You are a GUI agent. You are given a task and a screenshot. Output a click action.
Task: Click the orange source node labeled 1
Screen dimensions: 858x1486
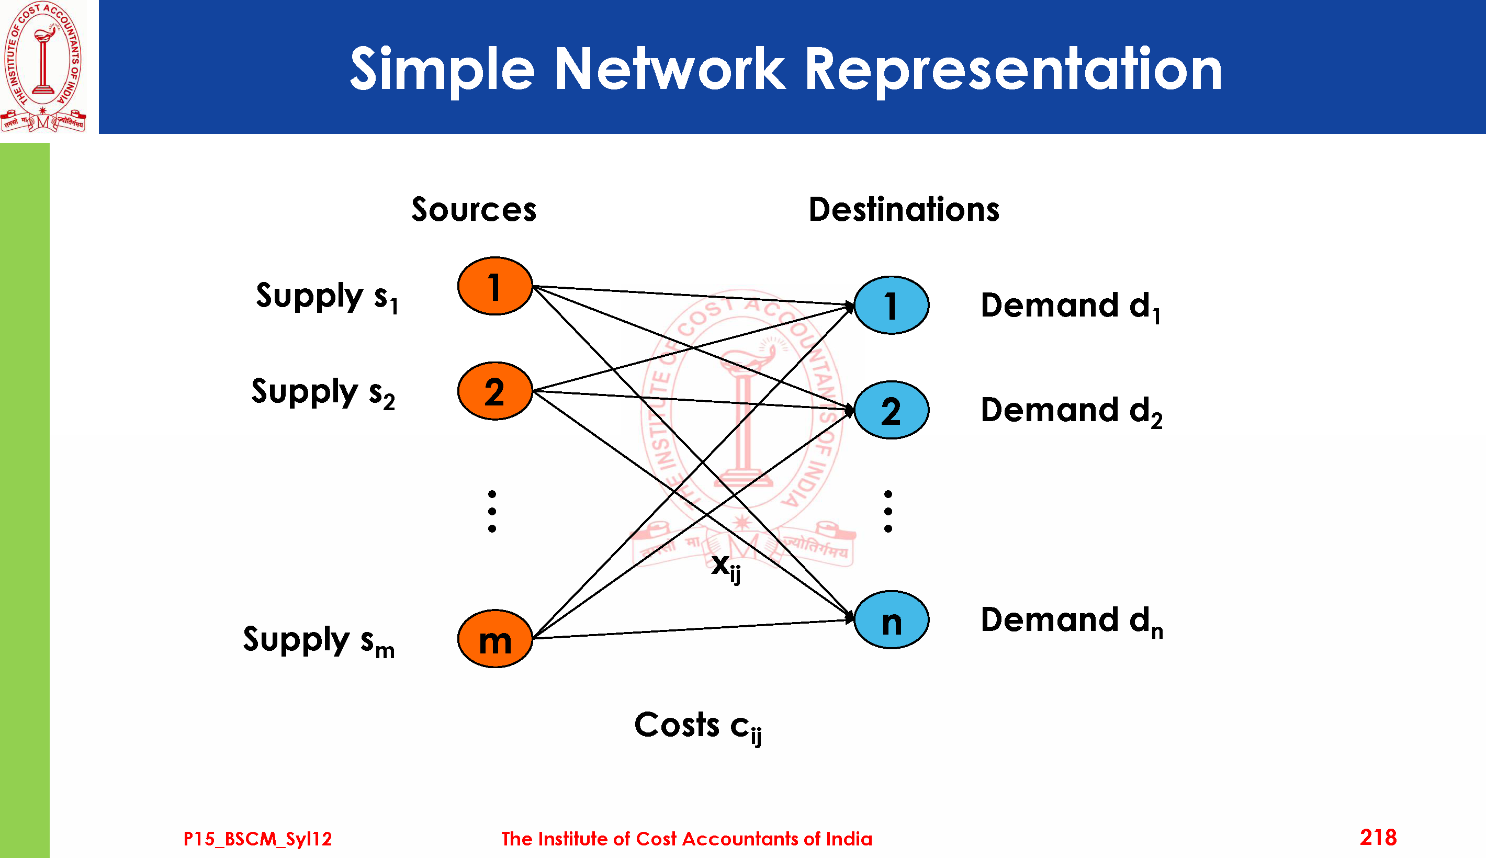click(495, 286)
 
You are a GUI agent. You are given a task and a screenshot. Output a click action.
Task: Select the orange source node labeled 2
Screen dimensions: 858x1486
click(495, 391)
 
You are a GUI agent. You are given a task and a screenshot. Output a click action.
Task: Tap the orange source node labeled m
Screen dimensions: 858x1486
click(495, 639)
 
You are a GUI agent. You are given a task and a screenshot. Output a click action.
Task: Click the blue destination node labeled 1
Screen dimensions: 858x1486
click(892, 305)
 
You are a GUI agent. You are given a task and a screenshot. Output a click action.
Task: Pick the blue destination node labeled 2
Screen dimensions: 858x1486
click(892, 410)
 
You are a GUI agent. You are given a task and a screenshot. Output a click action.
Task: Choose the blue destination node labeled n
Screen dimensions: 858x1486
click(892, 620)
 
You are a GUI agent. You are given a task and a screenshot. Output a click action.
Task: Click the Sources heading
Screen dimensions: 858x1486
click(474, 210)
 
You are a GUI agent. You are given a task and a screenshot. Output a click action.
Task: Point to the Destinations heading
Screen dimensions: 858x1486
click(904, 210)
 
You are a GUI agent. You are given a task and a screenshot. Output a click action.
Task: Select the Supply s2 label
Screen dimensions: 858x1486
click(323, 392)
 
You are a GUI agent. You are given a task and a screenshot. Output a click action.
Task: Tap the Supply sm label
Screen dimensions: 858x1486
click(319, 640)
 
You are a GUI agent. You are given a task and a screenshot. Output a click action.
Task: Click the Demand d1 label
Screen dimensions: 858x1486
click(1070, 307)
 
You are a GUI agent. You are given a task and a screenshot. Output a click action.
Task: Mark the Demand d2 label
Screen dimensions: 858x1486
click(1071, 411)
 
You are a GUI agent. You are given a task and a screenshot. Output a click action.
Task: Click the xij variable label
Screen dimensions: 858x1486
click(726, 567)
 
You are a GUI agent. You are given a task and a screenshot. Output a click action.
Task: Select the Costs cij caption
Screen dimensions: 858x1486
click(697, 726)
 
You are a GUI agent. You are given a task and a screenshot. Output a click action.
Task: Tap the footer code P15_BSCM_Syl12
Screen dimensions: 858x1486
click(257, 839)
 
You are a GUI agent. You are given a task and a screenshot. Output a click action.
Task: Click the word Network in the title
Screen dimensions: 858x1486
click(670, 70)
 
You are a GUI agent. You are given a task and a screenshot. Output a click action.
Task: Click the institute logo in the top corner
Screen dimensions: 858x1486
click(43, 66)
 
